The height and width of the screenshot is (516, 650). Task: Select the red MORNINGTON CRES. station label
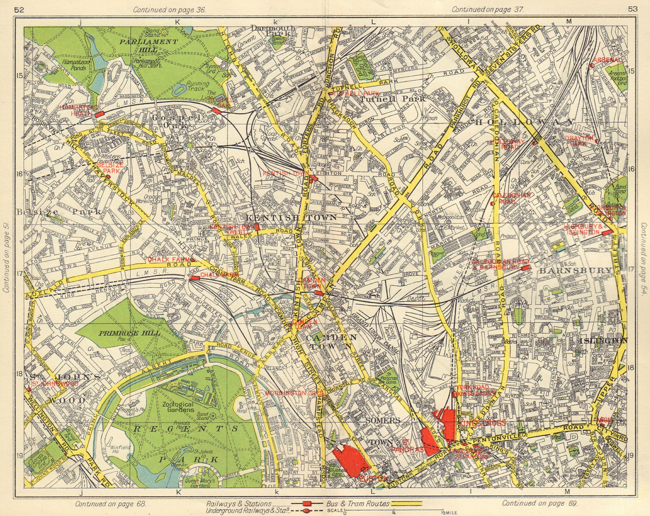(294, 393)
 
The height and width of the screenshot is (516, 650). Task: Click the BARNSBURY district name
(576, 271)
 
